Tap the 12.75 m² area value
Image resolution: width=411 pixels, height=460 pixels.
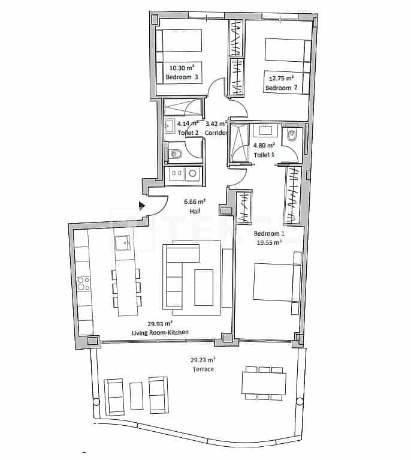pos(280,78)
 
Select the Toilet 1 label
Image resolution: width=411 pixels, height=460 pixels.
pos(264,154)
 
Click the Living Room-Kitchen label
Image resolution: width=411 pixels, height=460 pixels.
pos(160,332)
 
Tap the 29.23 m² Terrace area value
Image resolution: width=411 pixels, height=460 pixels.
pos(203,360)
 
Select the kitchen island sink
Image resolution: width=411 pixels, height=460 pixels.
pos(123,243)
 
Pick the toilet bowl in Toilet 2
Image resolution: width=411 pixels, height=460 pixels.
pos(176,155)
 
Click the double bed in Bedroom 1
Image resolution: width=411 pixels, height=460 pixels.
pos(276,282)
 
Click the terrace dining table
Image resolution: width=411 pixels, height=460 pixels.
pos(263,382)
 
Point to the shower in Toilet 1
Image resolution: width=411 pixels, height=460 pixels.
pos(240,144)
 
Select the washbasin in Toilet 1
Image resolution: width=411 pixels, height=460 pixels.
pos(265,130)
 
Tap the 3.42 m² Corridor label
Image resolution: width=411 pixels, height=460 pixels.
pos(216,128)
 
